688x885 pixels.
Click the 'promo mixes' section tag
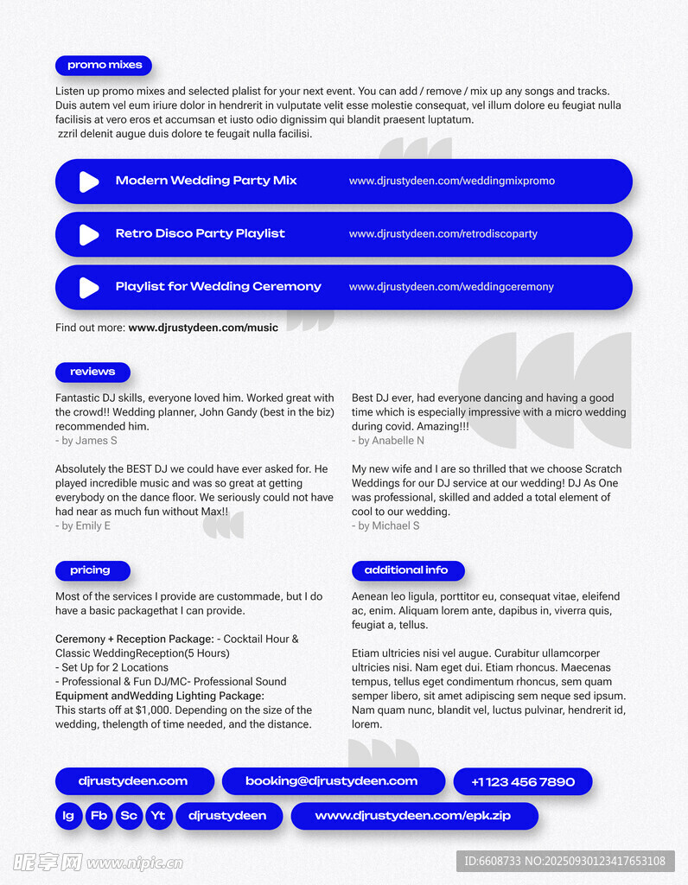point(104,65)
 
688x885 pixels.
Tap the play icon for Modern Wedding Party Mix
point(89,181)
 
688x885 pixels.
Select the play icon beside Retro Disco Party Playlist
point(89,234)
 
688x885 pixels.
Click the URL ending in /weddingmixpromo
point(451,181)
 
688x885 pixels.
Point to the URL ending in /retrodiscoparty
point(443,234)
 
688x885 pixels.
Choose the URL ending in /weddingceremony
point(451,287)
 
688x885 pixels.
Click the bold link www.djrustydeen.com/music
point(203,328)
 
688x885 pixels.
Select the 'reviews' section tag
point(92,372)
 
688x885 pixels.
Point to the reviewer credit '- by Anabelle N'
point(388,441)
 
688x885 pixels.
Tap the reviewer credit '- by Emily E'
point(83,525)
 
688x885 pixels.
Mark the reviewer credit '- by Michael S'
point(385,525)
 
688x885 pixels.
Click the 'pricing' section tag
point(91,570)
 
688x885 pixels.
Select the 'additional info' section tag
point(406,570)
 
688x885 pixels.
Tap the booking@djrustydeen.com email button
point(331,781)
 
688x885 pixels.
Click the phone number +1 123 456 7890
point(522,782)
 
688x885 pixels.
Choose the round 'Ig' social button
point(68,816)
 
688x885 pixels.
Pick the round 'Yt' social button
point(158,816)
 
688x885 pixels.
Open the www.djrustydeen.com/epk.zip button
point(413,816)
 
